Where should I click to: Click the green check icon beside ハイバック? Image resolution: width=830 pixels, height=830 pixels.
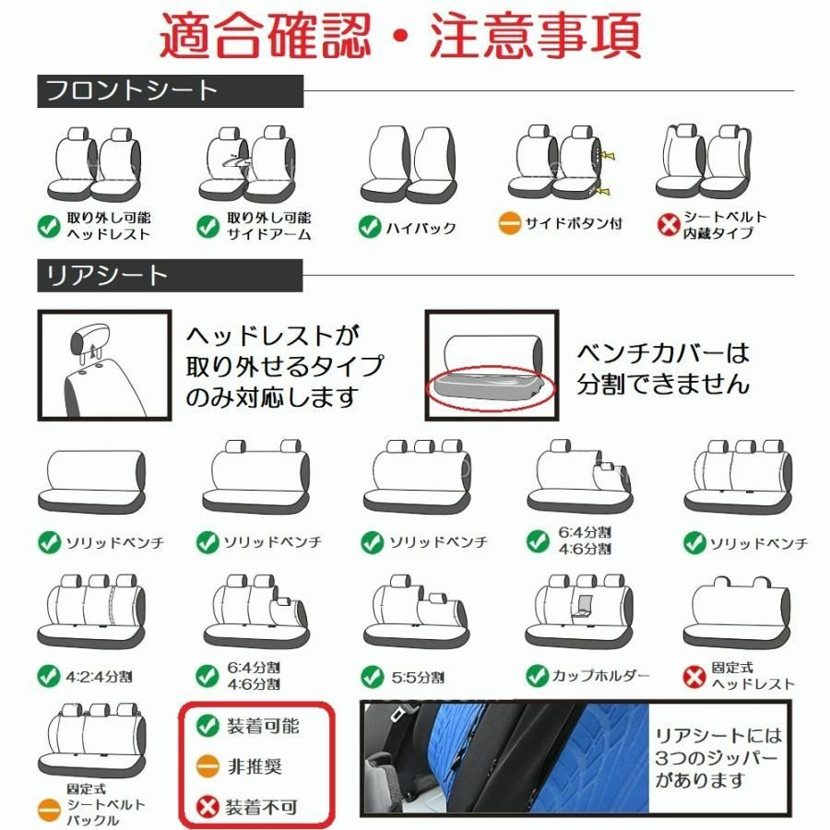pyautogui.click(x=370, y=226)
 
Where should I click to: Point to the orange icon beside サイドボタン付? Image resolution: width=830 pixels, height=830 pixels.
pyautogui.click(x=510, y=223)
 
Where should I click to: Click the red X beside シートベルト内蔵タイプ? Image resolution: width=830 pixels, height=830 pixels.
pyautogui.click(x=668, y=225)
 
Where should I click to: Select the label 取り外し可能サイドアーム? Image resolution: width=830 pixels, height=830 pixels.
pyautogui.click(x=268, y=226)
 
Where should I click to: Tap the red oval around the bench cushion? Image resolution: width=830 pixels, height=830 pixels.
pyautogui.click(x=490, y=386)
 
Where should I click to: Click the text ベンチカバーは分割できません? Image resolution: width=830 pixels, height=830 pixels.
pyautogui.click(x=662, y=368)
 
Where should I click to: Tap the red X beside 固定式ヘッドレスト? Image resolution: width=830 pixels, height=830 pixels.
pyautogui.click(x=694, y=676)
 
